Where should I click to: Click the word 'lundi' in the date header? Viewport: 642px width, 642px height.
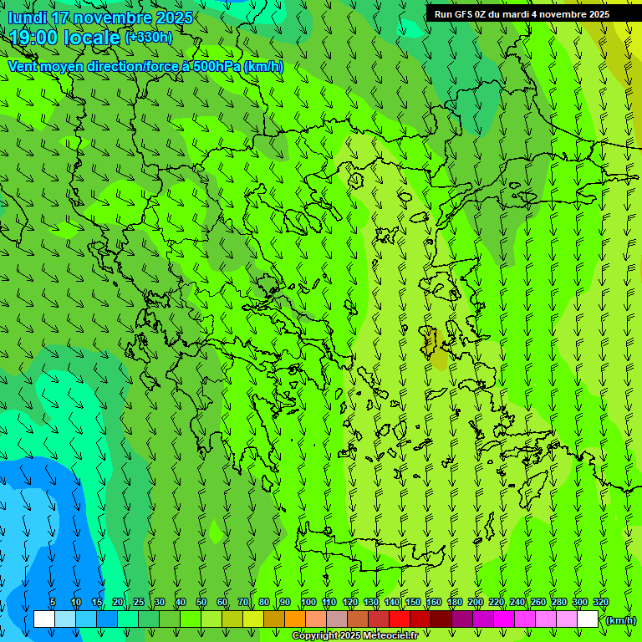pyautogui.click(x=28, y=18)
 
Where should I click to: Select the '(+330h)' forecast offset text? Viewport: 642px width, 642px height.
pyautogui.click(x=148, y=38)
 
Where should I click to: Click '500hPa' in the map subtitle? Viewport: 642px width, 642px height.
pyautogui.click(x=217, y=66)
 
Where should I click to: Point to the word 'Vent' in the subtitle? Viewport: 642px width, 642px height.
pyautogui.click(x=23, y=66)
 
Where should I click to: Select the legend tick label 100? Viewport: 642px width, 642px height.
pyautogui.click(x=308, y=603)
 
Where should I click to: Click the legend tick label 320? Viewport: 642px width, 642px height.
pyautogui.click(x=600, y=603)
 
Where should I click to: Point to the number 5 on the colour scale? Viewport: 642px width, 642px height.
pyautogui.click(x=53, y=603)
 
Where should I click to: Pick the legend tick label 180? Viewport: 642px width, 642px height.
pyautogui.click(x=454, y=603)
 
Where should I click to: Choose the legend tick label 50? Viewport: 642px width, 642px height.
pyautogui.click(x=201, y=603)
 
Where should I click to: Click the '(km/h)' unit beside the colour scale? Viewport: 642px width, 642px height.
pyautogui.click(x=619, y=620)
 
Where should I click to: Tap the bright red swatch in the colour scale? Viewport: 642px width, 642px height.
pyautogui.click(x=400, y=619)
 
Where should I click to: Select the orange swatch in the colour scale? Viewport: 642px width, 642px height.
pyautogui.click(x=295, y=619)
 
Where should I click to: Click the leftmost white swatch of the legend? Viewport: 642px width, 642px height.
pyautogui.click(x=44, y=619)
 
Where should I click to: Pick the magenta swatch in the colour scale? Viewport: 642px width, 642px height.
pyautogui.click(x=504, y=619)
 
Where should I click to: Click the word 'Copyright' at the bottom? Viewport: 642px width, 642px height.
pyautogui.click(x=315, y=636)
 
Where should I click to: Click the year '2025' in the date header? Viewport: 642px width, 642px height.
pyautogui.click(x=169, y=18)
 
